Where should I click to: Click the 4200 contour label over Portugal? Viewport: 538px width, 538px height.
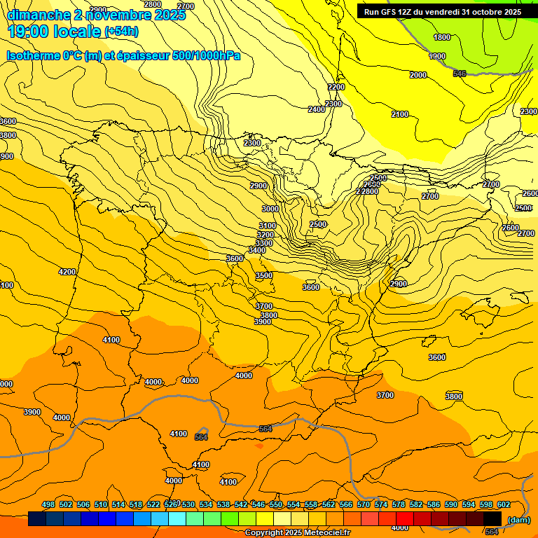(67, 272)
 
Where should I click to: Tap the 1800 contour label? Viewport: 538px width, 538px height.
(442, 38)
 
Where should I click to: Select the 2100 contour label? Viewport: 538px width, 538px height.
(400, 114)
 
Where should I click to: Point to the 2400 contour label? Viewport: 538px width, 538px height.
(317, 110)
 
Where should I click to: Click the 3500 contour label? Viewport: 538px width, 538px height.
(264, 276)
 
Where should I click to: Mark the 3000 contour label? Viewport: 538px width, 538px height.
(270, 209)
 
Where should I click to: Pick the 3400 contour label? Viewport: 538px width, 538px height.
(257, 250)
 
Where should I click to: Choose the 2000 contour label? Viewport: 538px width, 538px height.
(418, 75)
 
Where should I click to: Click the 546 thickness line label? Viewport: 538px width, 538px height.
(460, 74)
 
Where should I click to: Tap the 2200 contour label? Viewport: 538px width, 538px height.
(336, 87)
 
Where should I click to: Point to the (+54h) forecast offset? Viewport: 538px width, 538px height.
(121, 32)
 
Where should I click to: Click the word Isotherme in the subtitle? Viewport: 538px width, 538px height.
(32, 55)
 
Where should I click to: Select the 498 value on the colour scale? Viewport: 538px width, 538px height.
(48, 504)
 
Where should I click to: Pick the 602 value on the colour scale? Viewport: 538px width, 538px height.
(504, 504)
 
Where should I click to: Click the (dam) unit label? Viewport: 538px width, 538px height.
(518, 519)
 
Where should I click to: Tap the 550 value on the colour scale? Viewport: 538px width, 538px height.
(276, 504)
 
